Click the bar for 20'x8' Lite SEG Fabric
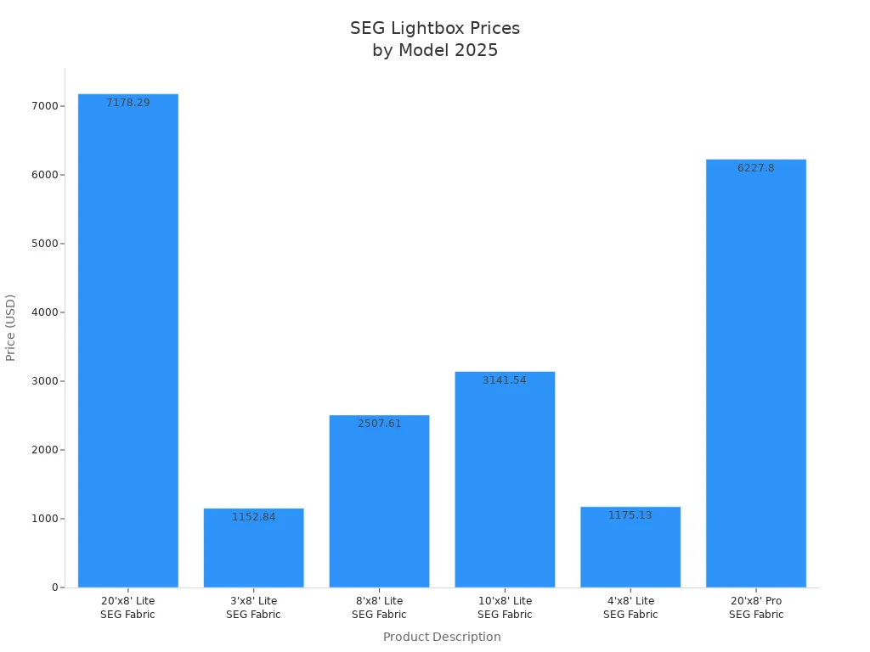127,340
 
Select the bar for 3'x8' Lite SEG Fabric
253,548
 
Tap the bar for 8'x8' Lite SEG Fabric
379,501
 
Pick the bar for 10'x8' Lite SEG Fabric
505,480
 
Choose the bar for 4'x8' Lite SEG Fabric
630,547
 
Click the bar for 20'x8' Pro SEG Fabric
755,374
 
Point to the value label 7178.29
127,103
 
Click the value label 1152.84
253,517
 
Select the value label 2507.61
379,424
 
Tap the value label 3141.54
505,380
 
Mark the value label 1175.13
630,515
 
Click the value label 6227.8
755,168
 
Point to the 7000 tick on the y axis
45,106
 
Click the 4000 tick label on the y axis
45,312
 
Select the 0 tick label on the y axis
54,587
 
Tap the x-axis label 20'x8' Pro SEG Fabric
755,607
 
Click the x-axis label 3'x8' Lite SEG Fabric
253,607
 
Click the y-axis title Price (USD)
11,328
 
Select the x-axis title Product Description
442,637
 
